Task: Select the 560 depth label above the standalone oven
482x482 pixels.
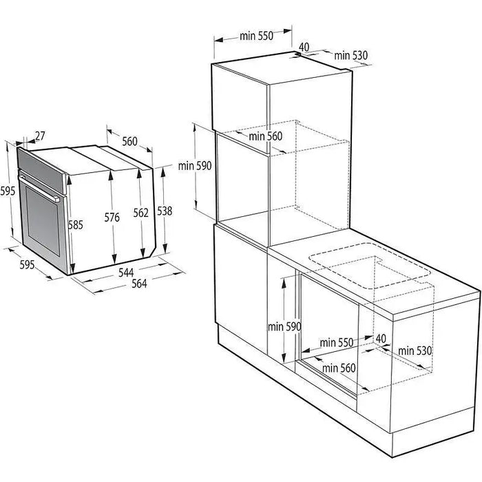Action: coord(129,142)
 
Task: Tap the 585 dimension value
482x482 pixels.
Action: coord(76,224)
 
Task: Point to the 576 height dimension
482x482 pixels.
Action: coord(112,218)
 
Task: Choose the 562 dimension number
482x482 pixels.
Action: coord(140,213)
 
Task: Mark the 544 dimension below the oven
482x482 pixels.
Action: coord(126,273)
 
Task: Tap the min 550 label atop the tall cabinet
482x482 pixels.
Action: coord(256,37)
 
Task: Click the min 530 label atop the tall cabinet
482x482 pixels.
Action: coord(351,55)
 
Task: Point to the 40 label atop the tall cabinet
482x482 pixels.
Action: coord(304,48)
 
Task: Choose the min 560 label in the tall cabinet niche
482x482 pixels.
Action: coord(266,136)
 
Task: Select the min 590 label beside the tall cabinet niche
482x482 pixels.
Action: coord(194,165)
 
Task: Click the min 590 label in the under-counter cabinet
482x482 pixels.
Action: coord(285,327)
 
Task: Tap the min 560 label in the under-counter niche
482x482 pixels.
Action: coord(338,368)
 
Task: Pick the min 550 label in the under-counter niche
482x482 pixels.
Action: coord(336,342)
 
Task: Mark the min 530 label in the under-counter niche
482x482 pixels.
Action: coord(415,350)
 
